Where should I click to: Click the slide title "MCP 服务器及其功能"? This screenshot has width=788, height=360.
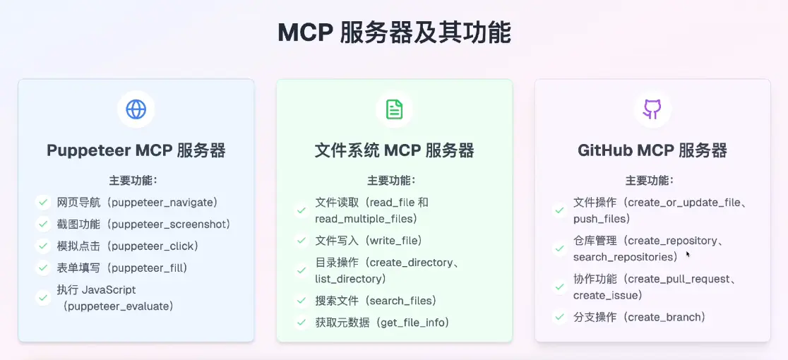tap(394, 32)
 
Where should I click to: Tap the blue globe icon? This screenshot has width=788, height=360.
tap(136, 109)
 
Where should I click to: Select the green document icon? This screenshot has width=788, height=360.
tap(394, 109)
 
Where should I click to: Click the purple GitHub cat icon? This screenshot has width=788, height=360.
tap(652, 109)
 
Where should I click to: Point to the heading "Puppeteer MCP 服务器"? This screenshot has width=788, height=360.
tap(136, 150)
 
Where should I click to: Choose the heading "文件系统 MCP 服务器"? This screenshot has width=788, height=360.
tap(394, 150)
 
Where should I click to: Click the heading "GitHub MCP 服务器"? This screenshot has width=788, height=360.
tap(652, 150)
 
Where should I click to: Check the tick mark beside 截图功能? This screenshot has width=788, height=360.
tap(42, 224)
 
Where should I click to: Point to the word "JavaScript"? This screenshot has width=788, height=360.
tap(109, 290)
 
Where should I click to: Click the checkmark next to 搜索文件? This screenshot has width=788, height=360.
tap(301, 301)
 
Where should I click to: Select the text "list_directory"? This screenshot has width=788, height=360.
tap(348, 279)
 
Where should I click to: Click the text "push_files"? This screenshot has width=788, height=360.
tap(602, 219)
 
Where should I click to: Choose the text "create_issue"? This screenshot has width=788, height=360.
tap(607, 295)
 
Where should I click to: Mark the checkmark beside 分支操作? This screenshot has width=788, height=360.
tap(559, 317)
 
